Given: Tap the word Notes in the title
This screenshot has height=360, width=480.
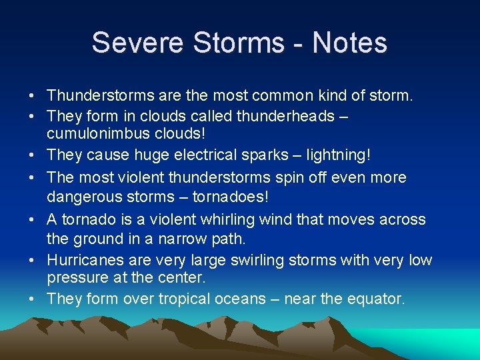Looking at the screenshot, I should pos(349,43).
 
